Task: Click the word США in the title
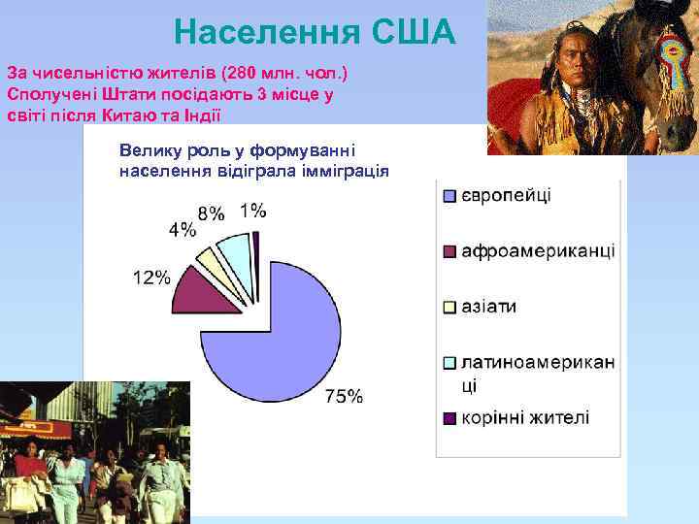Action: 414,33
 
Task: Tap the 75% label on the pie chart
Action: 344,395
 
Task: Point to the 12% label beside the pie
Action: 151,278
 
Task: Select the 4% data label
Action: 182,230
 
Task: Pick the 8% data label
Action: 211,213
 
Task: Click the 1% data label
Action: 254,210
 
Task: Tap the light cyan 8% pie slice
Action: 236,251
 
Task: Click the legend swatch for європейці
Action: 449,196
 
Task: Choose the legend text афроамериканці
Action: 538,251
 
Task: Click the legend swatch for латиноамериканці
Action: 449,363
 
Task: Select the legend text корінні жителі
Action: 525,418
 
